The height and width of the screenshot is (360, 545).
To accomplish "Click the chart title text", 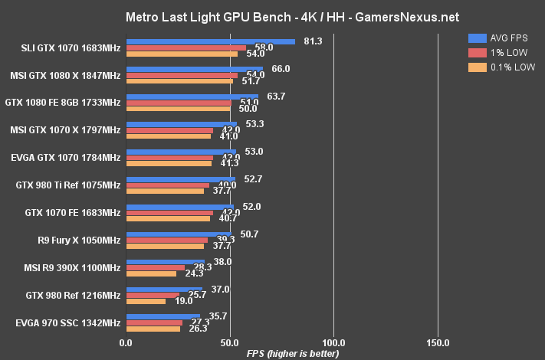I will point(272,16).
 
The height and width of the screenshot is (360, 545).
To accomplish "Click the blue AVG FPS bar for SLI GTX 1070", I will point(210,41).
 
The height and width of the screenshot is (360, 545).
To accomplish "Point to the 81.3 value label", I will point(312,41).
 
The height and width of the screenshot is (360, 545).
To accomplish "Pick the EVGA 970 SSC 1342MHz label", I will point(67,322).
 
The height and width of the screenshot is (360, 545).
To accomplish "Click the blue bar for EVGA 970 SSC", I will point(163,316).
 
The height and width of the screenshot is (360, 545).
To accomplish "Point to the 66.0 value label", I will point(281,68).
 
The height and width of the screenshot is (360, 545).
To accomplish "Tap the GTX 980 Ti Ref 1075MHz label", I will point(68,185).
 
